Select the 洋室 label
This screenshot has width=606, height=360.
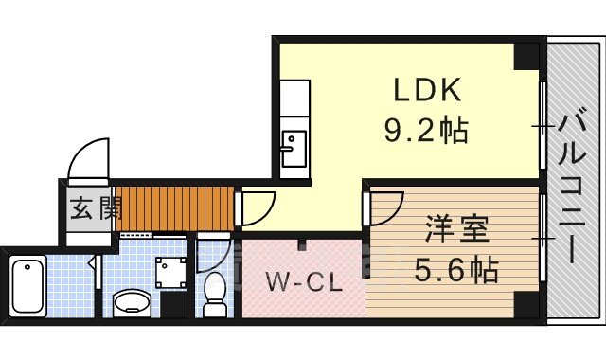point(456,231)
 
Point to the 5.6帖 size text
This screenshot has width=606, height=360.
point(457,272)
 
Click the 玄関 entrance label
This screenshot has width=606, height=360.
point(93,207)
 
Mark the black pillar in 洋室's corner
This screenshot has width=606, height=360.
point(524,305)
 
